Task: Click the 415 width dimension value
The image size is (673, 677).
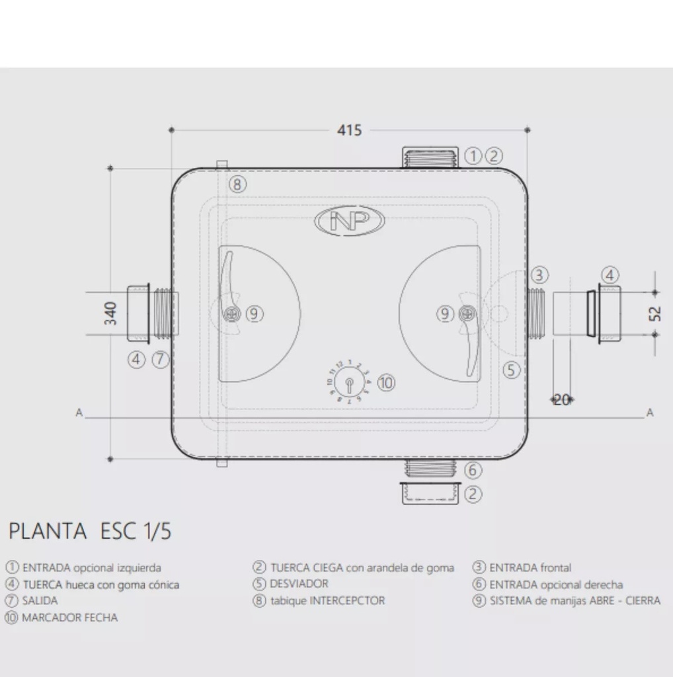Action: (x=349, y=130)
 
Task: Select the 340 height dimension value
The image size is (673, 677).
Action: (x=110, y=313)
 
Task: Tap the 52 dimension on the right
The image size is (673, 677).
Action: (x=654, y=313)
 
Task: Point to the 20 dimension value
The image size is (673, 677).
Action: (x=561, y=399)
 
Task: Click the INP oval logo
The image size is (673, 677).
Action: (x=350, y=221)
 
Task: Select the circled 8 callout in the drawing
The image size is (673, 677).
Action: (x=238, y=184)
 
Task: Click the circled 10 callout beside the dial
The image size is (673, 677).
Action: (x=386, y=382)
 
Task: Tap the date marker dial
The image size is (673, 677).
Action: (x=348, y=383)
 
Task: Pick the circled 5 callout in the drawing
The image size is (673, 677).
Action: (x=512, y=370)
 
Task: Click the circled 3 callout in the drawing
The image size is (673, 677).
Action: (x=539, y=274)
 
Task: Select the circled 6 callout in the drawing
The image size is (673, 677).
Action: (x=473, y=471)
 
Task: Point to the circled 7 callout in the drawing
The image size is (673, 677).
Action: (x=160, y=360)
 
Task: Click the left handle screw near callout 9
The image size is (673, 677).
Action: (x=231, y=315)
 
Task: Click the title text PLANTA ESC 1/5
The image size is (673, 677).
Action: (x=89, y=531)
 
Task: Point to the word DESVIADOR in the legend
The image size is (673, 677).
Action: (x=299, y=584)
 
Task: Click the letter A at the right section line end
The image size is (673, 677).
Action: (x=650, y=413)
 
